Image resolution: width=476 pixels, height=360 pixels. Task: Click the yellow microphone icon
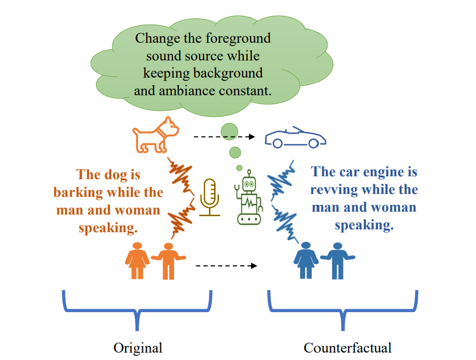[x=210, y=197]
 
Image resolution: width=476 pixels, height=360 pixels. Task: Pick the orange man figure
[x=168, y=261]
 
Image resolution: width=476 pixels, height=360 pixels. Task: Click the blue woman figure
[x=306, y=260]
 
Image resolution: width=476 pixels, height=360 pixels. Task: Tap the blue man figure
[x=337, y=261]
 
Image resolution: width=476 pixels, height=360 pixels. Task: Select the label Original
[x=138, y=347]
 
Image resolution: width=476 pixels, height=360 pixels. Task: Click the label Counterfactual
[x=348, y=347]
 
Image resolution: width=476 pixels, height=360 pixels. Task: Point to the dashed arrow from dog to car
[x=224, y=137]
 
